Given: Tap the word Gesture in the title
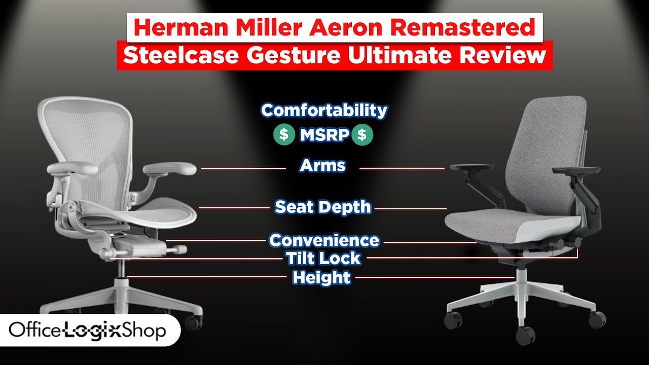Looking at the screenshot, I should tap(301, 55).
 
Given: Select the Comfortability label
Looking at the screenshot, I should tap(324, 110).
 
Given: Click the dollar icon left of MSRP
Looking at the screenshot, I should tap(284, 135).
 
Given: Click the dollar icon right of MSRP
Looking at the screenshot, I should tap(362, 135).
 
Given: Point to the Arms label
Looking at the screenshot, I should tap(322, 165).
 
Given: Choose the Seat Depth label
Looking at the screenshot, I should tap(323, 207).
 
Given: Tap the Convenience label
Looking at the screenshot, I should tap(324, 240).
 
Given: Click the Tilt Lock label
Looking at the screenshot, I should tap(323, 258).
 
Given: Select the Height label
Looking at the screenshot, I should tap(322, 277).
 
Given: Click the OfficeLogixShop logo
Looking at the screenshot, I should tap(87, 331).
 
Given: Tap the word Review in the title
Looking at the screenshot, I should tap(502, 55).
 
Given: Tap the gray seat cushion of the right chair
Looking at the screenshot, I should tap(502, 223).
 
